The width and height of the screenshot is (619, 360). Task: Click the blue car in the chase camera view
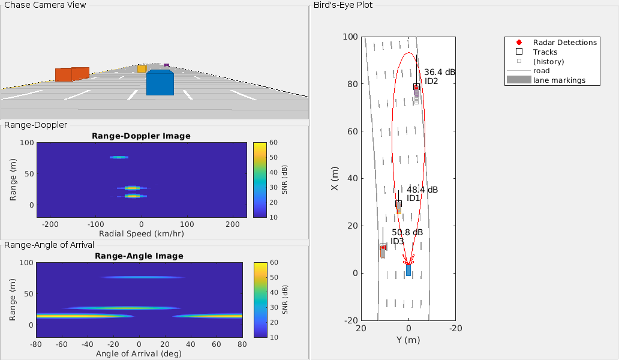tap(160, 83)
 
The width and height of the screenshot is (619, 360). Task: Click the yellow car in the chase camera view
tap(142, 69)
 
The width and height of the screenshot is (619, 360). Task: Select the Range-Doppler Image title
tap(141, 136)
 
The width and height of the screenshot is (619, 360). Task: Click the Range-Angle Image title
tap(139, 256)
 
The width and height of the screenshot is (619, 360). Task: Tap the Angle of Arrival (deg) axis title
tap(139, 354)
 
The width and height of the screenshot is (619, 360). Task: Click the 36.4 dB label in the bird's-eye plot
tap(440, 72)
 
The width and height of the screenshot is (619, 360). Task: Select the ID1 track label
tap(413, 199)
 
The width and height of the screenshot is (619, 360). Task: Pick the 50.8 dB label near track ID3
tap(407, 232)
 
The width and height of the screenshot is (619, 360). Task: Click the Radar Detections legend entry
tap(564, 43)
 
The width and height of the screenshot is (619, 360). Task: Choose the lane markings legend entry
tap(559, 80)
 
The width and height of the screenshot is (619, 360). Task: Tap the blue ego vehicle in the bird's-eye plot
tap(408, 270)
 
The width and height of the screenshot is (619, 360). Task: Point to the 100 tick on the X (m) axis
tap(350, 37)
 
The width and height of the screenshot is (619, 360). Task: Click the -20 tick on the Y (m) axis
tap(456, 329)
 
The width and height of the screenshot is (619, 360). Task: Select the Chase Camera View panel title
tap(45, 5)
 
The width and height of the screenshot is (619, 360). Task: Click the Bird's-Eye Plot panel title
tap(343, 5)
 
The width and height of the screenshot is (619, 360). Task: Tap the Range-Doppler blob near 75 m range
tap(119, 157)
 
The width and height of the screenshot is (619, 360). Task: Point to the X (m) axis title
tap(334, 179)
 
